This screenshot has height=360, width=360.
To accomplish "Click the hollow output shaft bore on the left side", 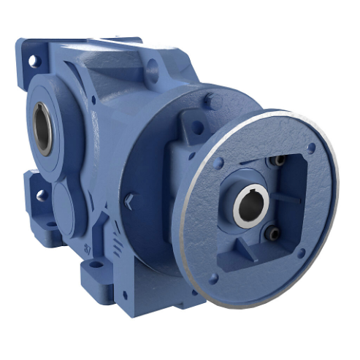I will pyautogui.click(x=44, y=127).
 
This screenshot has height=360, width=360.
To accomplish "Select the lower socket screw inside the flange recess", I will pyautogui.click(x=272, y=234).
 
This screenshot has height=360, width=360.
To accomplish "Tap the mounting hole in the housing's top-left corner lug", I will pyautogui.click(x=32, y=61).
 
